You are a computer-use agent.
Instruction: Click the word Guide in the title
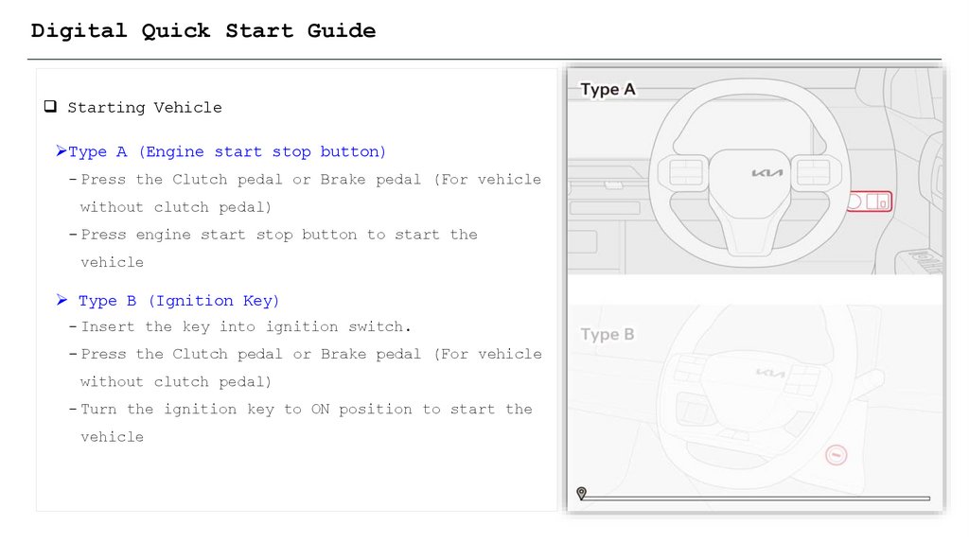pyautogui.click(x=341, y=31)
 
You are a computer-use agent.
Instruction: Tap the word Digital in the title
pyautogui.click(x=79, y=31)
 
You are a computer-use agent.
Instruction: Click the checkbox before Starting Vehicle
pyautogui.click(x=51, y=106)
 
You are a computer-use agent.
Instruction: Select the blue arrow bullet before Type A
pyautogui.click(x=61, y=150)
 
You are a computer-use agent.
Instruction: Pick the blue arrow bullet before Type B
pyautogui.click(x=62, y=300)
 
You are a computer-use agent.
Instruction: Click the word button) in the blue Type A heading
pyautogui.click(x=353, y=152)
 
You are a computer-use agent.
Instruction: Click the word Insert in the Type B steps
pyautogui.click(x=108, y=326)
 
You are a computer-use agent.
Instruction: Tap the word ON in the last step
pyautogui.click(x=320, y=409)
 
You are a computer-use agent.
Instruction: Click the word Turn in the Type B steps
pyautogui.click(x=98, y=409)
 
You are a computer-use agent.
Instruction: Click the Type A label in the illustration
pyautogui.click(x=608, y=90)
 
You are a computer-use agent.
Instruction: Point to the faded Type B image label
pyautogui.click(x=607, y=335)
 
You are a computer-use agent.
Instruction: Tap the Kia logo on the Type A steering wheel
pyautogui.click(x=766, y=173)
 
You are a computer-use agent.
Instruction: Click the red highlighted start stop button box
pyautogui.click(x=870, y=201)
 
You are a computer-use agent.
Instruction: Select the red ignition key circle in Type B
pyautogui.click(x=837, y=455)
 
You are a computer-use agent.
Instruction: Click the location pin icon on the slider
pyautogui.click(x=582, y=493)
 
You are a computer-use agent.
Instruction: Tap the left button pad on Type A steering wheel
pyautogui.click(x=685, y=172)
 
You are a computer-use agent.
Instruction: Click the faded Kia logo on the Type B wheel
pyautogui.click(x=770, y=373)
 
